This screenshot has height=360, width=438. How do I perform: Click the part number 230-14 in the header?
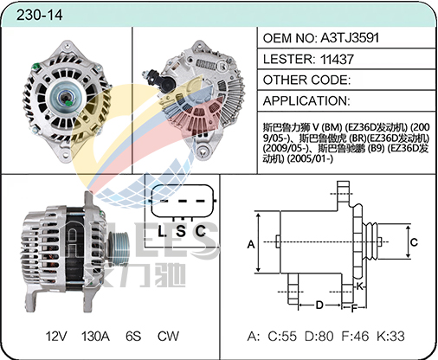coord(39,15)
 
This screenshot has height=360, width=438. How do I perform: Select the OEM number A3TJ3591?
coord(350,38)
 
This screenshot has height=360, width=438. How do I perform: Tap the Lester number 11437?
coord(337,59)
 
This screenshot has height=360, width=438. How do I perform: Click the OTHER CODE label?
coord(306,80)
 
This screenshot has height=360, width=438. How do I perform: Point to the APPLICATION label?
coord(306,101)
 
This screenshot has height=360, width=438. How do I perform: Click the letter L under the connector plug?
coord(162,231)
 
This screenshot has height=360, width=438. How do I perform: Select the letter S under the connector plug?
coord(181,231)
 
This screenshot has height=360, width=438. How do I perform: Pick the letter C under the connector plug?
coord(200,231)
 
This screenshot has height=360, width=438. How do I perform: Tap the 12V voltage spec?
coord(56,336)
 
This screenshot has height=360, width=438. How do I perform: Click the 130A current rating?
coord(95,336)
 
